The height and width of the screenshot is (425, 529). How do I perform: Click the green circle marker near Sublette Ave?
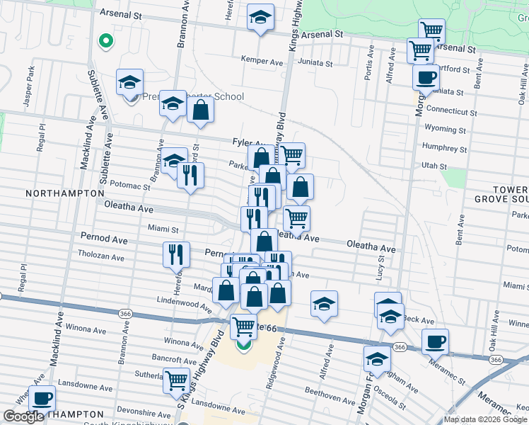coord(105,41)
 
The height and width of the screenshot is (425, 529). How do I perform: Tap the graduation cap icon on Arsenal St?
coord(260,16)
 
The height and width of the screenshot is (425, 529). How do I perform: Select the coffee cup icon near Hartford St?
coord(426,76)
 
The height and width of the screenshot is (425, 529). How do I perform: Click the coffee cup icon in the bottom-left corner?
coord(42,397)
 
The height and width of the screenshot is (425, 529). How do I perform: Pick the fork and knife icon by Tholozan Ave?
coord(176,254)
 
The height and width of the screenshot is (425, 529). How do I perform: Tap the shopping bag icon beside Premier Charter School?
coord(201,110)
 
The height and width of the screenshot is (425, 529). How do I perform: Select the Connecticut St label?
coord(453,111)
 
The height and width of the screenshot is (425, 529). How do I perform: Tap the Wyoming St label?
coord(445,130)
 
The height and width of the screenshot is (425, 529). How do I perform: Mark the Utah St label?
coord(434,166)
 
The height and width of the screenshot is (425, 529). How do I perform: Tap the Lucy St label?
coord(380,267)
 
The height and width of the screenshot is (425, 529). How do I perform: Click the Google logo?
coord(23,416)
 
